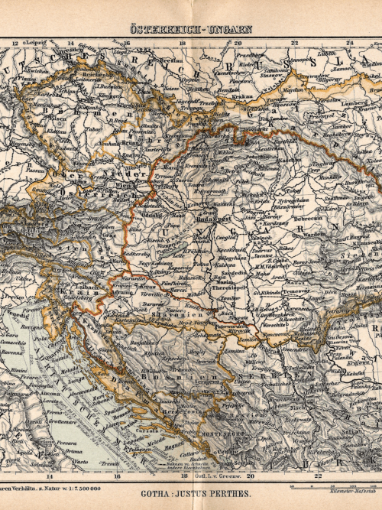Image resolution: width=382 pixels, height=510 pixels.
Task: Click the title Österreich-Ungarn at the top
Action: (x=190, y=30)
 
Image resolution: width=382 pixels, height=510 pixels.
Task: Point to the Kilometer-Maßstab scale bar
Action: (x=336, y=487)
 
